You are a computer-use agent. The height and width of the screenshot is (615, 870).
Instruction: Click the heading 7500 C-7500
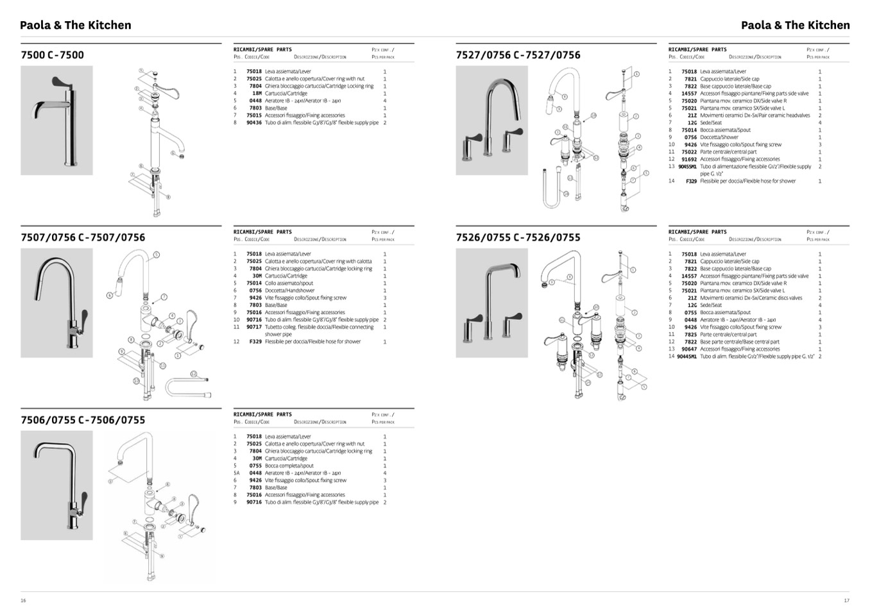52,55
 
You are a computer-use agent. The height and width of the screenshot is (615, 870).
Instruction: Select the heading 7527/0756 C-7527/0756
518,55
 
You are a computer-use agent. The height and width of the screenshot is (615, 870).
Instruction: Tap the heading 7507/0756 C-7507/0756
83,237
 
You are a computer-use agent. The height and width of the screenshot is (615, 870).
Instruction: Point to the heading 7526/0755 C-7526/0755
518,237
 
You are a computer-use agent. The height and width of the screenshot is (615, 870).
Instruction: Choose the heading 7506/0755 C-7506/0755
83,420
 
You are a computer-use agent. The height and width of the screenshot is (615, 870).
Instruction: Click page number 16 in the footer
23,600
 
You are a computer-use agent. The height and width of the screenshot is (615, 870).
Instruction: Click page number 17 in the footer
846,600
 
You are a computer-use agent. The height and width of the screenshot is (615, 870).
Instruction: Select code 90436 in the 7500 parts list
254,122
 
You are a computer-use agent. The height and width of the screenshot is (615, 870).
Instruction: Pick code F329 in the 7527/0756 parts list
691,181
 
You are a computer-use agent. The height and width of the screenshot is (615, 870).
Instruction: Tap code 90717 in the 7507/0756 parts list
254,327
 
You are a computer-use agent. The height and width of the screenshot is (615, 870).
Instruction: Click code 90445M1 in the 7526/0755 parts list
687,357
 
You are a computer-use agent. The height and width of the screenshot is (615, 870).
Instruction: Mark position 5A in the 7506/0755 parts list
236,473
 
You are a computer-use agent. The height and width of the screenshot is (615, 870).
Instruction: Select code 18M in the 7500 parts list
257,94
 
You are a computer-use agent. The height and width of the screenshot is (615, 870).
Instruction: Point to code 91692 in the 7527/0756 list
689,159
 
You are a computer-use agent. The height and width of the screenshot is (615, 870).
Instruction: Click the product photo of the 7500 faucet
56,121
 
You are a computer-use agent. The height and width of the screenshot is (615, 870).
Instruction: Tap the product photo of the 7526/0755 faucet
491,303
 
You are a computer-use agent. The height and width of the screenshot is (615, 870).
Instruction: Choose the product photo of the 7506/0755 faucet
56,485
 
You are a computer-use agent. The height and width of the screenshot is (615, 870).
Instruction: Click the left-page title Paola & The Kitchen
76,25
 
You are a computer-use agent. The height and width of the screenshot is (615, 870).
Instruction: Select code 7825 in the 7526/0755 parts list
690,334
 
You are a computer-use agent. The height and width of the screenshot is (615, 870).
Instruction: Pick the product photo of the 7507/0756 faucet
56,303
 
